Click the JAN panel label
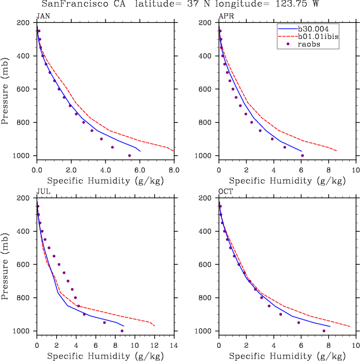(x=42, y=16)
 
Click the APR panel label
(x=224, y=16)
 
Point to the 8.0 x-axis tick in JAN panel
(x=174, y=170)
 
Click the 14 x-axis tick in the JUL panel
(x=174, y=346)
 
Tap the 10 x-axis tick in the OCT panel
(x=355, y=346)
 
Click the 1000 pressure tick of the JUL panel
(x=22, y=331)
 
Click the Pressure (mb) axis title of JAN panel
(x=5, y=89)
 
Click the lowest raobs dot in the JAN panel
(x=130, y=155)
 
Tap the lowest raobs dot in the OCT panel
(x=324, y=331)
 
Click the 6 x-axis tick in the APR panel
(x=301, y=170)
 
